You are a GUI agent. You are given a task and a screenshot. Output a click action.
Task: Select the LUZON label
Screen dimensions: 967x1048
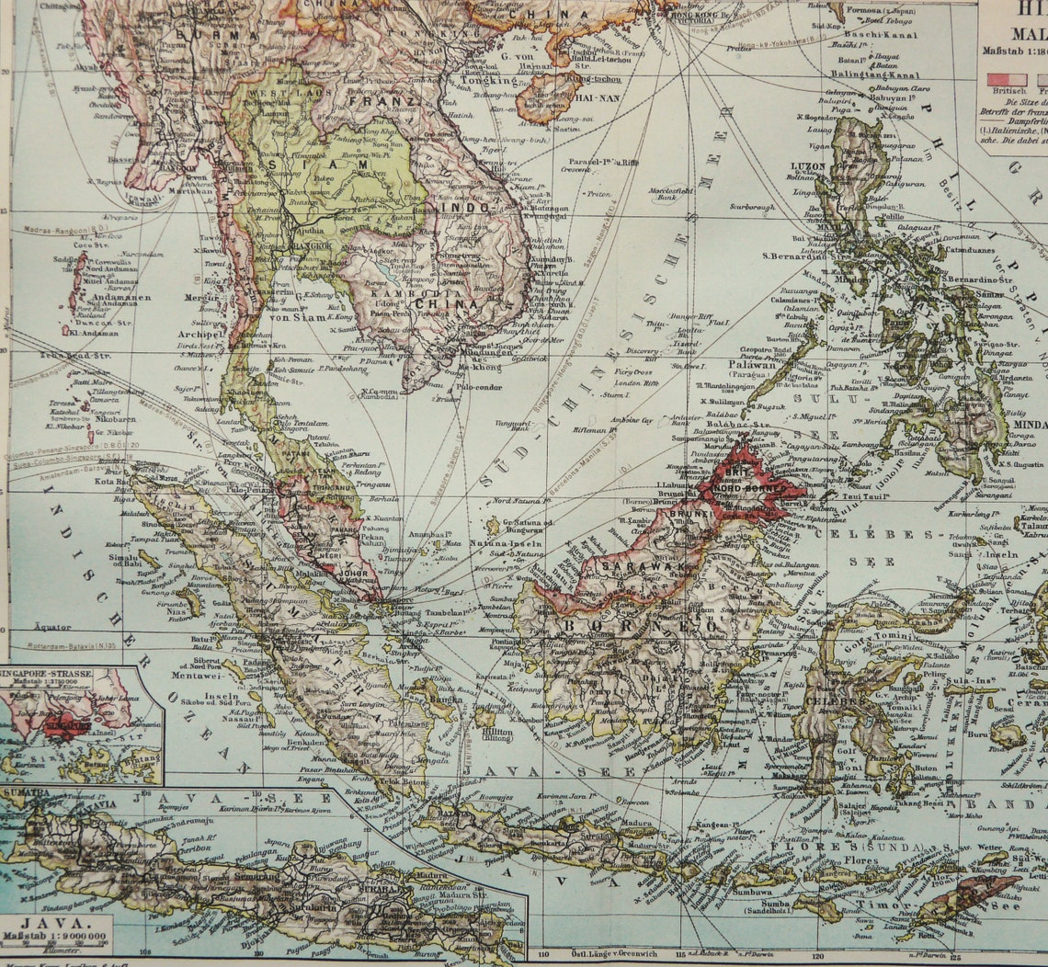[x=808, y=167]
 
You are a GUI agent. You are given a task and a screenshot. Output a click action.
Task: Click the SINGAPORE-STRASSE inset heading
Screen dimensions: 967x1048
[x=50, y=675]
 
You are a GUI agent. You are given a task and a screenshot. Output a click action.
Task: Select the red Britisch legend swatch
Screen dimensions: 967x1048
[x=1007, y=79]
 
